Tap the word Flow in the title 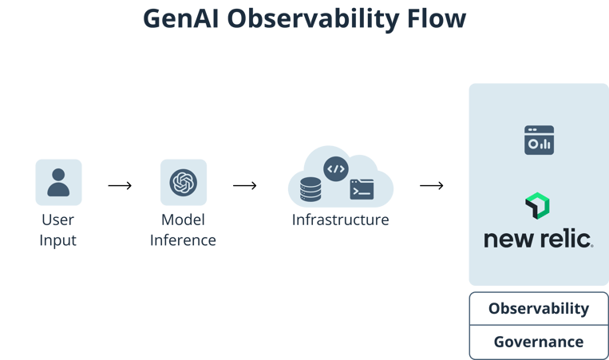437,19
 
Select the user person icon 58,182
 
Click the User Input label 58,229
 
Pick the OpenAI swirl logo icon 183,182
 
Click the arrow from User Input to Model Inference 120,186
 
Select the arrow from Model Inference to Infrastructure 245,186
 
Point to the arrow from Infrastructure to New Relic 432,186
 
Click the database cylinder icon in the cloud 310,189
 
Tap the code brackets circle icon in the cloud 335,168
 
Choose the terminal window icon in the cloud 362,189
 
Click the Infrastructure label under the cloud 340,220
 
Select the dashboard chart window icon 539,140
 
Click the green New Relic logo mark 538,206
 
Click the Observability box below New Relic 539,309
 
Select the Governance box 539,342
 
